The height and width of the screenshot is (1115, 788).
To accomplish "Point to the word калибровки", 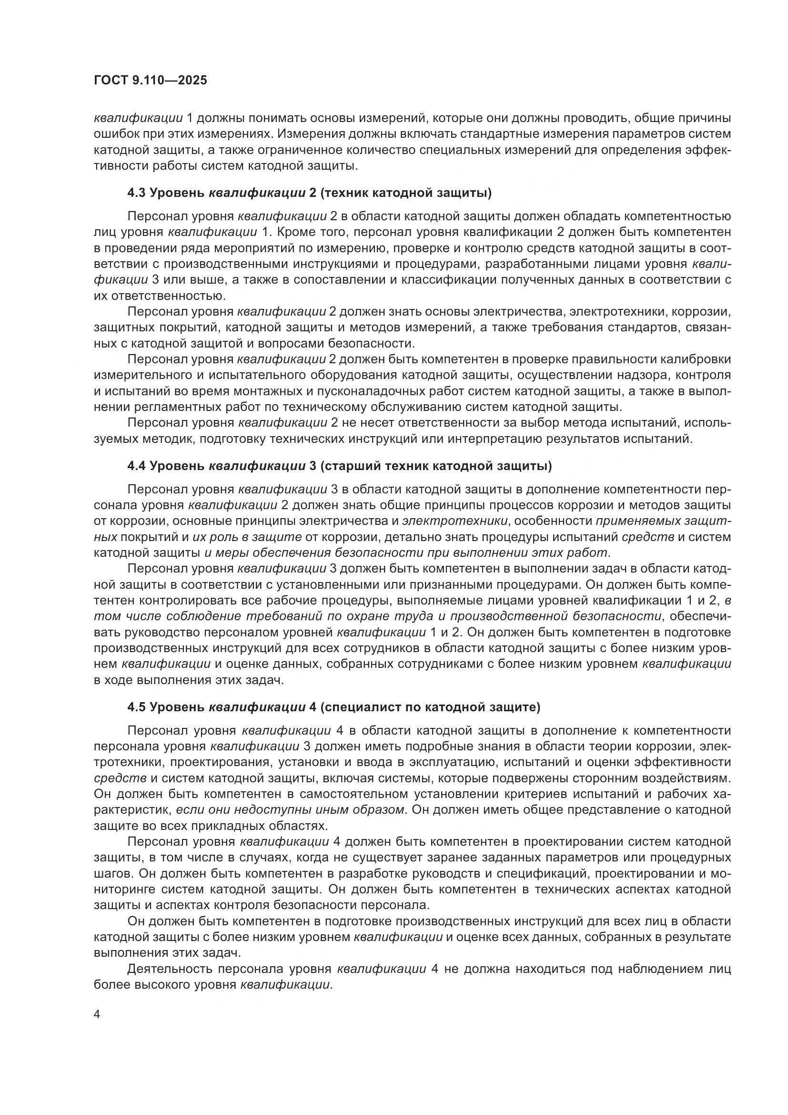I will pos(697,359).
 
